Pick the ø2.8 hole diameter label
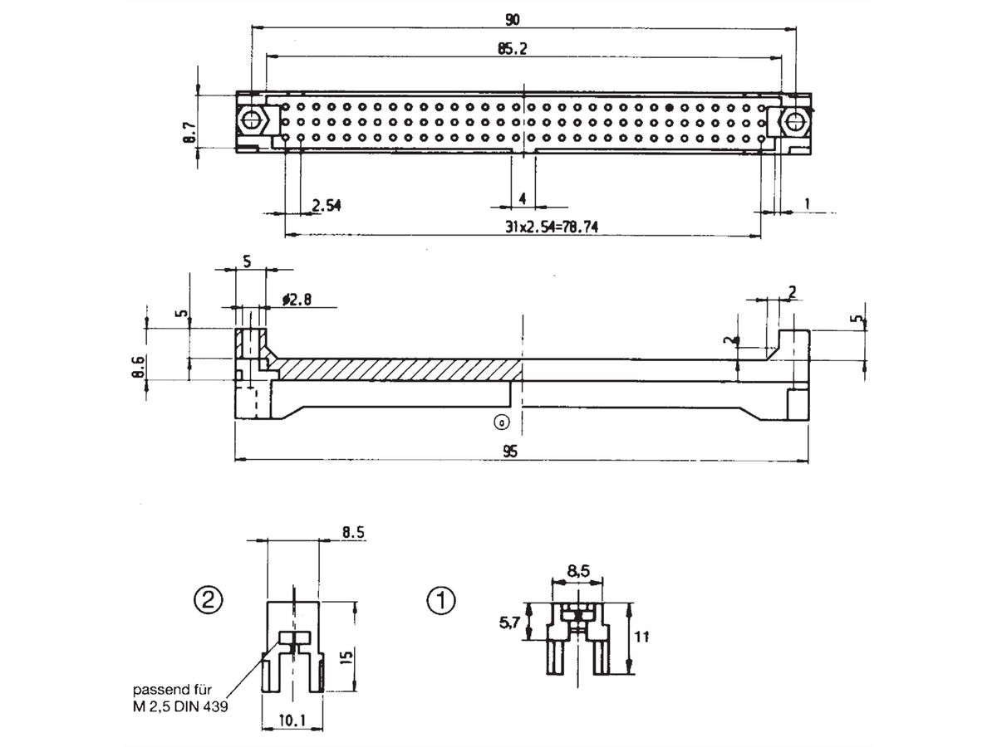point(297,300)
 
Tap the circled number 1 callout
point(440,598)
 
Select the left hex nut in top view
point(251,121)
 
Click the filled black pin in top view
point(669,108)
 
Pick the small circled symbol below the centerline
point(501,422)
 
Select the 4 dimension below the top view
point(522,198)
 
